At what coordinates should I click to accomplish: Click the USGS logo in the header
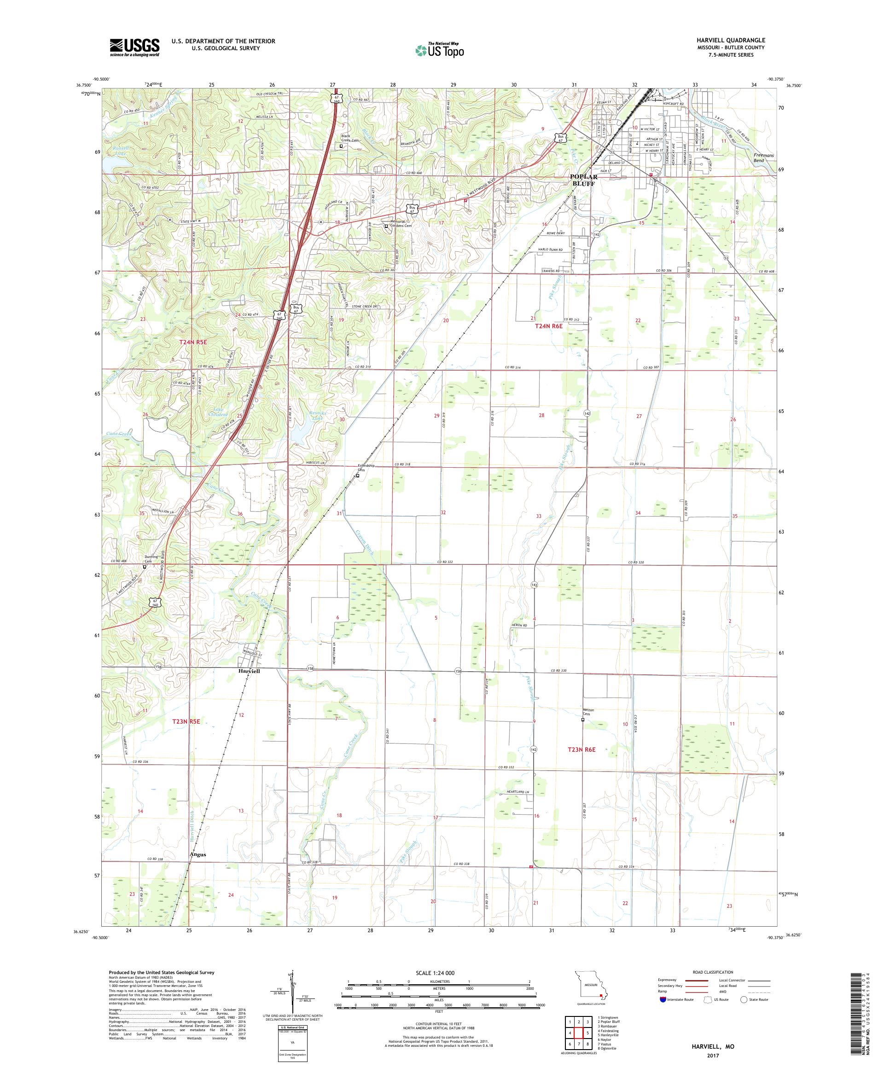[134, 48]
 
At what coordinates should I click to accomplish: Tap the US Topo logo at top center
[440, 50]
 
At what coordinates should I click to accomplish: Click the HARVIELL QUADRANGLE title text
[739, 40]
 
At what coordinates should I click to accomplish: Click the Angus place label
[198, 855]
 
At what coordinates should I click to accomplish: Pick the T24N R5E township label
[193, 342]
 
